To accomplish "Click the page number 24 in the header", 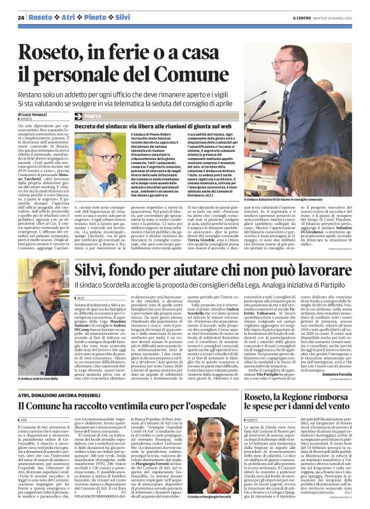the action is [x=21, y=17].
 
